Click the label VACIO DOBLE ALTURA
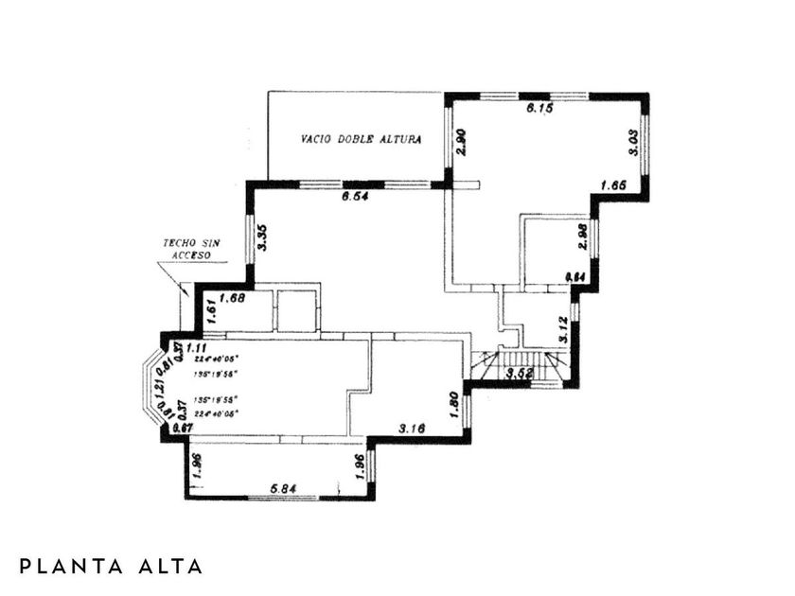point(361,138)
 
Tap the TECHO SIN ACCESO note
point(190,249)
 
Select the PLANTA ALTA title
point(111,567)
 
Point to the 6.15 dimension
point(540,110)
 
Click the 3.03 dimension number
point(634,147)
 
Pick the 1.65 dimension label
point(614,185)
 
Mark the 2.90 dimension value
point(461,141)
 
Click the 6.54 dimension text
point(356,197)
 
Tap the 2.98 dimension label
point(583,237)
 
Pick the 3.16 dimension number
point(412,429)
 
